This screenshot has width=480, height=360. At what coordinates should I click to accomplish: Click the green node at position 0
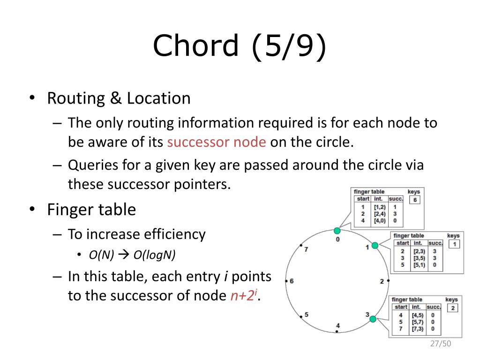pos(337,231)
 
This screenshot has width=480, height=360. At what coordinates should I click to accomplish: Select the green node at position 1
pos(375,245)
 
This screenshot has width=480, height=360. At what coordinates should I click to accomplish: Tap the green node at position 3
pos(373,319)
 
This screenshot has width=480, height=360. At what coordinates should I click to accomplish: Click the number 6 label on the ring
pos(292,281)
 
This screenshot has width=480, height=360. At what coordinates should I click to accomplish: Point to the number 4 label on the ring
pos(338,325)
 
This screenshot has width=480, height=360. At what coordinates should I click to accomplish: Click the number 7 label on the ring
pos(306,249)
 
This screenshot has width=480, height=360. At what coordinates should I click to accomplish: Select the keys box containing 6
pos(415,200)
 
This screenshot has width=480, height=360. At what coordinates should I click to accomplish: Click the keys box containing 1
pos(454,244)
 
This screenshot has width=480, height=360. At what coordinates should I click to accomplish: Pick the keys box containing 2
pos(453,308)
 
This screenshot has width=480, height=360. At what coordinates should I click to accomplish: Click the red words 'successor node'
pos(217,142)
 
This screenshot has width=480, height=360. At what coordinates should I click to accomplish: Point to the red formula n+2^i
pos(244,295)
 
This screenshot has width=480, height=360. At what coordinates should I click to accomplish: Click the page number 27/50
pos(441,344)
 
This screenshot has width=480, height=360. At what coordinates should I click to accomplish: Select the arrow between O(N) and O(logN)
pos(124,255)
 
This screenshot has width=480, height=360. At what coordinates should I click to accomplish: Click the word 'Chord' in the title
pos(195,45)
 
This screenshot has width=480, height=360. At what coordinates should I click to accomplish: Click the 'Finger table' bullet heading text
pos(91,210)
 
